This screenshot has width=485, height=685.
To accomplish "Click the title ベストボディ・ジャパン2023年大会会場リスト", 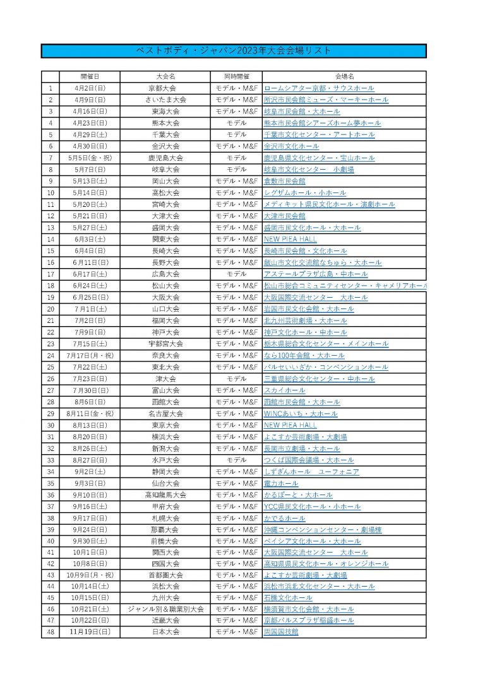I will coord(234,50).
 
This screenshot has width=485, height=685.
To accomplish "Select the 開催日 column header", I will coord(89,76).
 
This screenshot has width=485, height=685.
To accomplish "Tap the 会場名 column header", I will coord(344,76).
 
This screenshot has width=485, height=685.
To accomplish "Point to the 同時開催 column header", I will coord(236,76).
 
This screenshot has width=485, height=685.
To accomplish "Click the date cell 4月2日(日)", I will coord(89,88).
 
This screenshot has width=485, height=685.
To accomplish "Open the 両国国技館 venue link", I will coord(281,631).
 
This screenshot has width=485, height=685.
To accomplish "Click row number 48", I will coord(50,631).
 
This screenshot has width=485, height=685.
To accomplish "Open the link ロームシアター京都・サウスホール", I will coord(319,88).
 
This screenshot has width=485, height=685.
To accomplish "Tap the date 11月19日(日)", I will coord(89,631).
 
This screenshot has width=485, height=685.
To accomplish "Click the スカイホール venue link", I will coord(284,390).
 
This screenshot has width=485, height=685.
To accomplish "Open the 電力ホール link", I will coord(281,483).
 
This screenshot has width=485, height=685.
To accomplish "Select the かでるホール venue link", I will coord(284,518).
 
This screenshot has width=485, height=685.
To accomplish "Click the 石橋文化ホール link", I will coord(288,597).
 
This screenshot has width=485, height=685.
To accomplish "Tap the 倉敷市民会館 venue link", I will coord(284,181).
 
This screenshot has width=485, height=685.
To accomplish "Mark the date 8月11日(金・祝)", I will coord(89,414).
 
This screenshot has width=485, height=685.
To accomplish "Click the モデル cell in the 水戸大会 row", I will coord(236,460).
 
